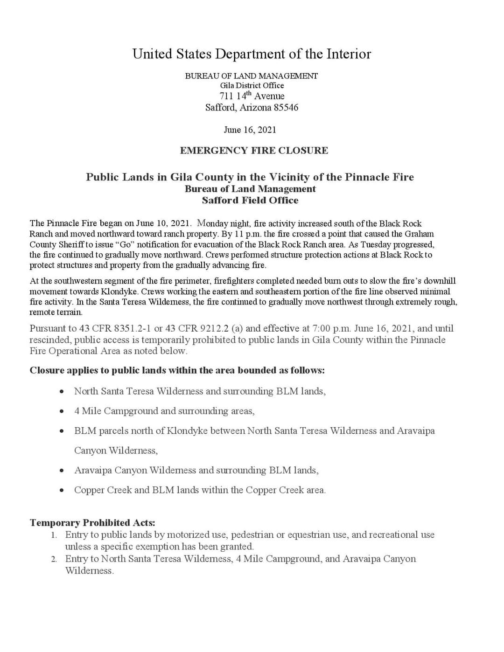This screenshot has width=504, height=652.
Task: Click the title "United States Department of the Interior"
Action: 252,54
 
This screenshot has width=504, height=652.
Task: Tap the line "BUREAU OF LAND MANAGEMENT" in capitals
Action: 252,76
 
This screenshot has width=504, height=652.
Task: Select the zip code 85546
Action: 286,108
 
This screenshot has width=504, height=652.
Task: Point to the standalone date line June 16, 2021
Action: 250,130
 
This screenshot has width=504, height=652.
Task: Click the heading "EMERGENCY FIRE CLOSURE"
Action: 254,151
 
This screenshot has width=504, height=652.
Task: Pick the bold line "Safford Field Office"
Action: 250,201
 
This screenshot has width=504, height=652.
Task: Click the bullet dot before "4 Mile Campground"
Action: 62,411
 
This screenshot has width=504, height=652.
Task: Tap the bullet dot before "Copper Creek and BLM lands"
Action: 62,490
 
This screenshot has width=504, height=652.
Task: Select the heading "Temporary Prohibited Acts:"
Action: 92,523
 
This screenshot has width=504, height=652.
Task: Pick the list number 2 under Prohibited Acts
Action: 54,559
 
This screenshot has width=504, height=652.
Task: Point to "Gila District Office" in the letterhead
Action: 252,86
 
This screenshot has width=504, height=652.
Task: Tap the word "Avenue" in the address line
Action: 269,97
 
